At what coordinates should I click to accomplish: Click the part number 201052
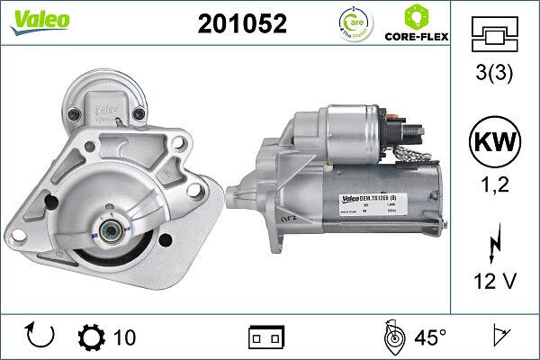click(241, 24)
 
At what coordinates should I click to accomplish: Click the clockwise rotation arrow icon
click(41, 337)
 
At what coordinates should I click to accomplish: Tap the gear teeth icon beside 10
click(93, 337)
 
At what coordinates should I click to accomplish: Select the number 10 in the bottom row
click(125, 337)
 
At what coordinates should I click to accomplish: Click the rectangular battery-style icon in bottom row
click(266, 337)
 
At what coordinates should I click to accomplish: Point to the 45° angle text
click(430, 337)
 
